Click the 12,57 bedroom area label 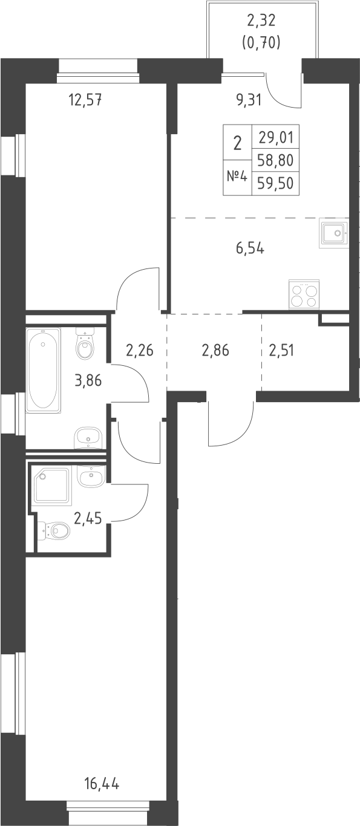84,100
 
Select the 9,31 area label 248,100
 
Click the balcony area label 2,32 262,23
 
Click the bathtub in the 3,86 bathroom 43,369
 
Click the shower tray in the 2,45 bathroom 53,485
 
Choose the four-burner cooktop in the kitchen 304,296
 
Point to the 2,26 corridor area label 139,350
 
